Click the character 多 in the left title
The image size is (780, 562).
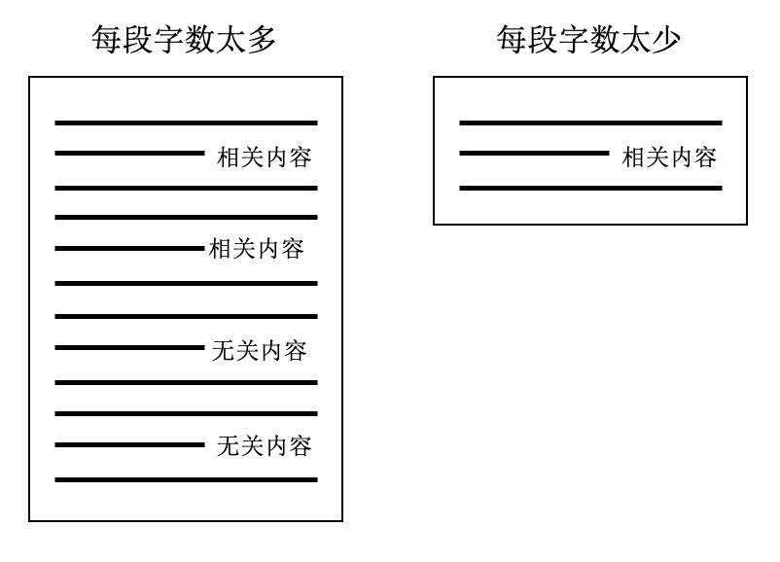(262, 39)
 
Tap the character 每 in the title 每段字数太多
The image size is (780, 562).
(106, 39)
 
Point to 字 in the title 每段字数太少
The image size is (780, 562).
(573, 39)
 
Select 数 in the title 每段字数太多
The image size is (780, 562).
(199, 39)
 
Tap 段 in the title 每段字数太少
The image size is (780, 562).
(543, 39)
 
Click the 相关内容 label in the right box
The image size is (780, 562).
(669, 158)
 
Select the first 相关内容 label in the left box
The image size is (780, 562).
(265, 158)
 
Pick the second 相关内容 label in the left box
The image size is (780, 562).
(256, 249)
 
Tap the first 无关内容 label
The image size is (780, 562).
(259, 351)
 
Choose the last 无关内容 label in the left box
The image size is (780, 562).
(265, 445)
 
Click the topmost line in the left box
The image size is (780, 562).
(186, 123)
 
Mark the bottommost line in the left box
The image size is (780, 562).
(186, 480)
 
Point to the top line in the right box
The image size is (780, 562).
(590, 123)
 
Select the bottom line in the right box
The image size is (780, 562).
(590, 188)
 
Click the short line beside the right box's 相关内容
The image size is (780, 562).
(534, 154)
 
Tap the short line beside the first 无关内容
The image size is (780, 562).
(129, 348)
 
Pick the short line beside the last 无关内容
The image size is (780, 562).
(129, 444)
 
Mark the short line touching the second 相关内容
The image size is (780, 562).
(129, 248)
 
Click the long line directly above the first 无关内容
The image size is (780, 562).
(186, 316)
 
